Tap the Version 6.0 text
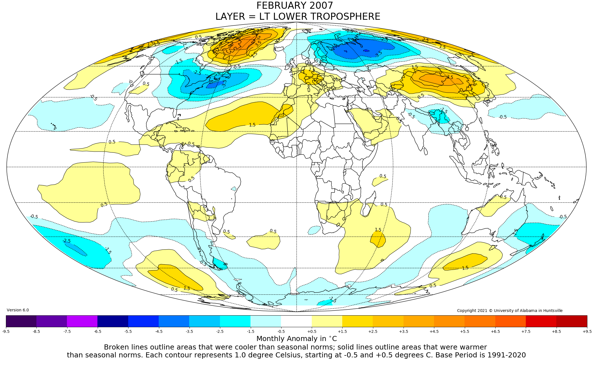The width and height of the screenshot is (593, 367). click(18, 310)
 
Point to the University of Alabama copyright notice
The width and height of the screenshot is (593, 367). click(510, 311)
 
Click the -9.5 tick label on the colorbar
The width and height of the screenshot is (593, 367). click(6, 331)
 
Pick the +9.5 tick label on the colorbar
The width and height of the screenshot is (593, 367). click(587, 331)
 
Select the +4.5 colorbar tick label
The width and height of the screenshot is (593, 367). click(434, 331)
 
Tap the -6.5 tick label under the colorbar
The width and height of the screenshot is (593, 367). click(97, 331)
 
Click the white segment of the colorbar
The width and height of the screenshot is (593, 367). click(296, 321)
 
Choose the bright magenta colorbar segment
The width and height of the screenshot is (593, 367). click(82, 321)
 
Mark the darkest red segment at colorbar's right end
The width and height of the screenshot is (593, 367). click(572, 321)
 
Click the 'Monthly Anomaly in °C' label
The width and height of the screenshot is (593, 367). click(296, 339)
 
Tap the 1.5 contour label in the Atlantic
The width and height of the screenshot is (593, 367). click(252, 125)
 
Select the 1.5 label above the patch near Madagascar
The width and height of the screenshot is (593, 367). click(378, 230)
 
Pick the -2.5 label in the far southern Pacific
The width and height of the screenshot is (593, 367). click(67, 241)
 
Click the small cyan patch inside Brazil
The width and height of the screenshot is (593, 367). click(234, 189)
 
